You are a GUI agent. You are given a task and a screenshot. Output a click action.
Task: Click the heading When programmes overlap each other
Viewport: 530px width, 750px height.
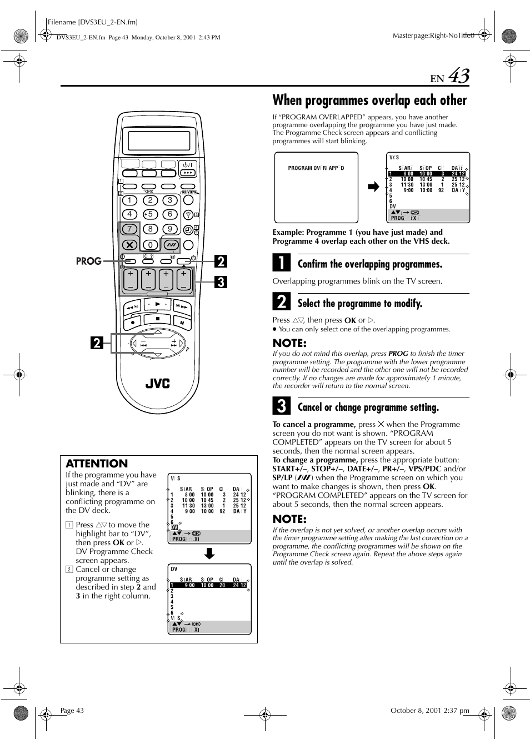369,100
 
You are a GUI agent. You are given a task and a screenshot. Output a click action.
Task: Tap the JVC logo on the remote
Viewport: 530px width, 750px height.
157,384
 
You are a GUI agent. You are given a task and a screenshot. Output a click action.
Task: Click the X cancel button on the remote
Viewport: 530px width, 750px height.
129,244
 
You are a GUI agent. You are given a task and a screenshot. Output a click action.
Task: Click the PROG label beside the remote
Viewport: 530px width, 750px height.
88,261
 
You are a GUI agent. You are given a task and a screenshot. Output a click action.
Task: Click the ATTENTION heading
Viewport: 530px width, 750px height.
97,464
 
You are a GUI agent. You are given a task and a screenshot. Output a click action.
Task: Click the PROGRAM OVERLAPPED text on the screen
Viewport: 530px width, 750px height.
316,168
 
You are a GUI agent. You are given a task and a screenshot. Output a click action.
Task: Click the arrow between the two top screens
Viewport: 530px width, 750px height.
373,187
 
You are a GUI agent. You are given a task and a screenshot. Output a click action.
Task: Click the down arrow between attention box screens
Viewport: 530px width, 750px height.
209,553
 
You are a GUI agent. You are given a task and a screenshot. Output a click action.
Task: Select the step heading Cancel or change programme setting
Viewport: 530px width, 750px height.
368,407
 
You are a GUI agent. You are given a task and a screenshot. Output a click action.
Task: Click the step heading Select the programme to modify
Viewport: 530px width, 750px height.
359,304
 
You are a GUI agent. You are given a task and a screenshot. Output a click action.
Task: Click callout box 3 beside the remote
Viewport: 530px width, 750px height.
221,282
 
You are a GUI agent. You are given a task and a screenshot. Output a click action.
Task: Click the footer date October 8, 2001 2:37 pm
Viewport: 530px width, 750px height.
429,710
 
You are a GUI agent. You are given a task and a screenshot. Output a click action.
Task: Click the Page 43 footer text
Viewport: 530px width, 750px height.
72,711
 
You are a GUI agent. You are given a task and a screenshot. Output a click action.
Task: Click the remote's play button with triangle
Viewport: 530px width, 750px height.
158,305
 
